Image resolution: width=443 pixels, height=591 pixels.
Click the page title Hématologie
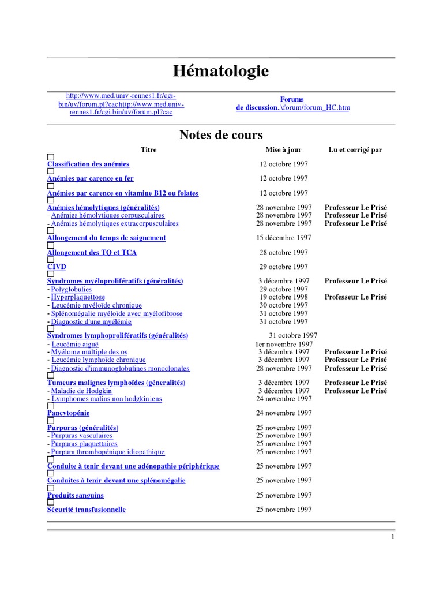click(x=221, y=72)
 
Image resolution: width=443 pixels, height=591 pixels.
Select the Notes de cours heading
click(x=221, y=135)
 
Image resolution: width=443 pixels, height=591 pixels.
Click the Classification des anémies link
click(x=88, y=164)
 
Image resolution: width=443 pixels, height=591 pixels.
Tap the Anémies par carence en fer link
click(x=90, y=179)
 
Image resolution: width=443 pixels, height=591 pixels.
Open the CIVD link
click(x=57, y=267)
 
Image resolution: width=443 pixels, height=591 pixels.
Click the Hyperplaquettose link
click(x=78, y=297)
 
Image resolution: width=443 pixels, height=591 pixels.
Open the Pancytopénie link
click(x=68, y=413)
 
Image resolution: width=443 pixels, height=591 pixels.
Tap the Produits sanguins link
click(x=76, y=495)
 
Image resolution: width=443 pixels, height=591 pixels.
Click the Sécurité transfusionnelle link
click(x=87, y=510)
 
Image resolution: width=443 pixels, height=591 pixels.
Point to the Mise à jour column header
click(x=283, y=150)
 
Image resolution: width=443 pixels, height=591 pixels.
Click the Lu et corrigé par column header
click(x=355, y=150)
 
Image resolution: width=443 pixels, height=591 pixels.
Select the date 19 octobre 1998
click(x=284, y=297)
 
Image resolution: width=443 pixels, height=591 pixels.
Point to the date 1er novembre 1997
click(x=284, y=344)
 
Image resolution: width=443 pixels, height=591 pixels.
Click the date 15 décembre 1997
click(x=284, y=238)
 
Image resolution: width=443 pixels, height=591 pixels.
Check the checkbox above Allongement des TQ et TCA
click(x=51, y=245)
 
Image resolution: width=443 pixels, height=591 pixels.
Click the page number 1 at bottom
click(x=392, y=537)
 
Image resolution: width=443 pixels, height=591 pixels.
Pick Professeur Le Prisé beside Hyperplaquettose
click(x=356, y=297)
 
